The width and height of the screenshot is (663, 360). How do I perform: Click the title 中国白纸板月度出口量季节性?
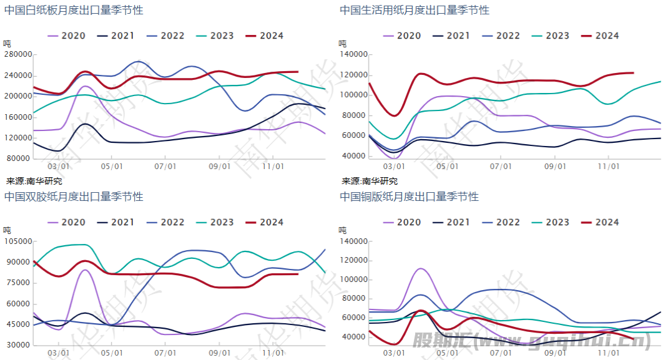74,10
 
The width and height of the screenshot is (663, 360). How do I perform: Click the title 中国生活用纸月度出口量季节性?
415,10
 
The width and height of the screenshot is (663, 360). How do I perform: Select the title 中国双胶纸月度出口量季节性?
74,197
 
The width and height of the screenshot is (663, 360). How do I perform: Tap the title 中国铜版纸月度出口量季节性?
410,197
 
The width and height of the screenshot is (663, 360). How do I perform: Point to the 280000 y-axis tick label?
18,54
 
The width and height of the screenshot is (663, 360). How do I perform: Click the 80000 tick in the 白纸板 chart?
20,158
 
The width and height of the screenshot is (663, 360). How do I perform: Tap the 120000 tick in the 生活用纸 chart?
354,75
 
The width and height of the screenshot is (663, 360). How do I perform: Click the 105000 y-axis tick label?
18,241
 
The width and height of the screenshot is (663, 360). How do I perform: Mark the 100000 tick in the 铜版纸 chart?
354,280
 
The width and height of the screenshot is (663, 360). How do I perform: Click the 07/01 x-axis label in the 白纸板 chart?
164,167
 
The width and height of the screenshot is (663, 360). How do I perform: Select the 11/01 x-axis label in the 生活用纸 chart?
609,167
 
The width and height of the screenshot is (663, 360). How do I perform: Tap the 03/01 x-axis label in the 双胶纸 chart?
58,354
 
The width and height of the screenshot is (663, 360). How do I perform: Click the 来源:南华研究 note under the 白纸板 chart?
34,181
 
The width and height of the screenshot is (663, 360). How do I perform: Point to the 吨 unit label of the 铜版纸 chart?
343,230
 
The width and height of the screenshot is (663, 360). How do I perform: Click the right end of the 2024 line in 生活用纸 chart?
633,73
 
